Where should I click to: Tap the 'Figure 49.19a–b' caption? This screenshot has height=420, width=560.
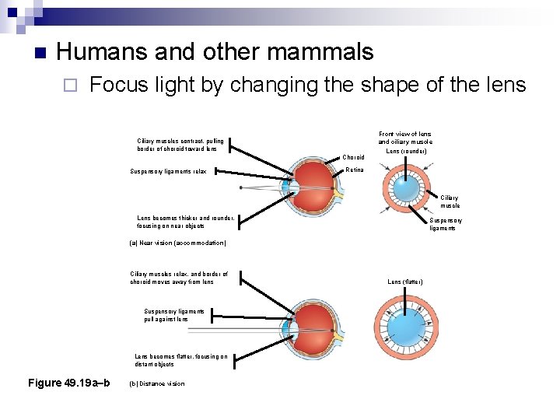click(68, 383)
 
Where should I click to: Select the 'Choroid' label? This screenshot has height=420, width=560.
click(354, 158)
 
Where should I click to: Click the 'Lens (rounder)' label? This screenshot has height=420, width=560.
click(404, 151)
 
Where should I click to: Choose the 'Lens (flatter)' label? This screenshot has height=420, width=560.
click(404, 282)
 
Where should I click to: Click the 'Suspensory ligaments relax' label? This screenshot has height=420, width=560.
click(168, 171)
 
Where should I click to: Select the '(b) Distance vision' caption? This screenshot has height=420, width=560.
click(157, 383)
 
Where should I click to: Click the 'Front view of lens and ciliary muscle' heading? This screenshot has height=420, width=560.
click(404, 138)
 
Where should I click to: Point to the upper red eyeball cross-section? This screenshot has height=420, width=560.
click(311, 187)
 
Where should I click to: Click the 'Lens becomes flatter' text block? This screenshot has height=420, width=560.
click(180, 360)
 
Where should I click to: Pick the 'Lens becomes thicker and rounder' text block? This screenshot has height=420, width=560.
click(185, 222)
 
